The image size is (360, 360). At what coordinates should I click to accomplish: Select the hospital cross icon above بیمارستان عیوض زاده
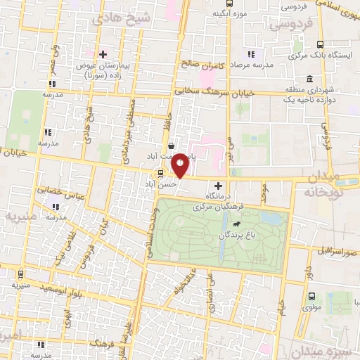(x=103, y=54)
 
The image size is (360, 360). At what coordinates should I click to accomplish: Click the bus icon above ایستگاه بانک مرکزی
(x=320, y=44)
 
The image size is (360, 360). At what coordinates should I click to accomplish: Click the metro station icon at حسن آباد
(x=162, y=173)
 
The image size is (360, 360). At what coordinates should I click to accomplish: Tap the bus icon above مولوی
(x=311, y=295)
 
